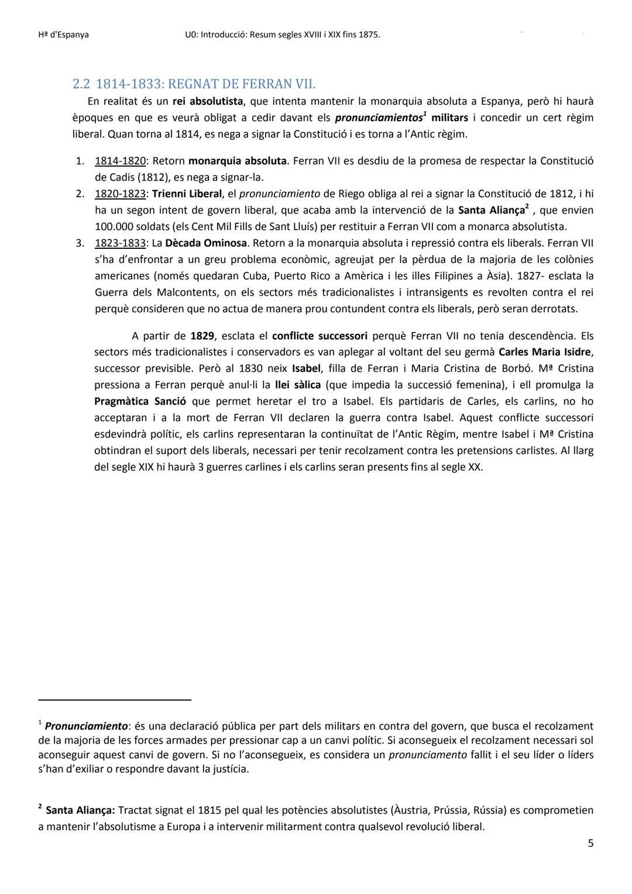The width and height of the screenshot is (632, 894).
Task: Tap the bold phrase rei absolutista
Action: click(x=208, y=101)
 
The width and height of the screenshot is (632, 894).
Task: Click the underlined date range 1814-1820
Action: click(x=120, y=160)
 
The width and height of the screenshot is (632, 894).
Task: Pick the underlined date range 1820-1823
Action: click(x=120, y=193)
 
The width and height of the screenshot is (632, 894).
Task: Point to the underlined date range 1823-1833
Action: click(x=120, y=242)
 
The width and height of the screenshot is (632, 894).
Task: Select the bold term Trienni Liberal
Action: click(x=187, y=193)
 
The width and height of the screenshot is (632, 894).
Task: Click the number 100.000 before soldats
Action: click(x=114, y=226)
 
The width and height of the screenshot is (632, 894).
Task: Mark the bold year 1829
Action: click(x=202, y=335)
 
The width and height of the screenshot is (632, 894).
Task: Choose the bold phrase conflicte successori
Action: click(x=320, y=335)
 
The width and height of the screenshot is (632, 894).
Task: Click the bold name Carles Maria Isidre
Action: click(x=545, y=352)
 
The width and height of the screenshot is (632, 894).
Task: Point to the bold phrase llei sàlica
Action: click(x=298, y=385)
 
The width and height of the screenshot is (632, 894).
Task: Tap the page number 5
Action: click(x=590, y=843)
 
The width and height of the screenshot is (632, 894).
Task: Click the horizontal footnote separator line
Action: click(x=115, y=699)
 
